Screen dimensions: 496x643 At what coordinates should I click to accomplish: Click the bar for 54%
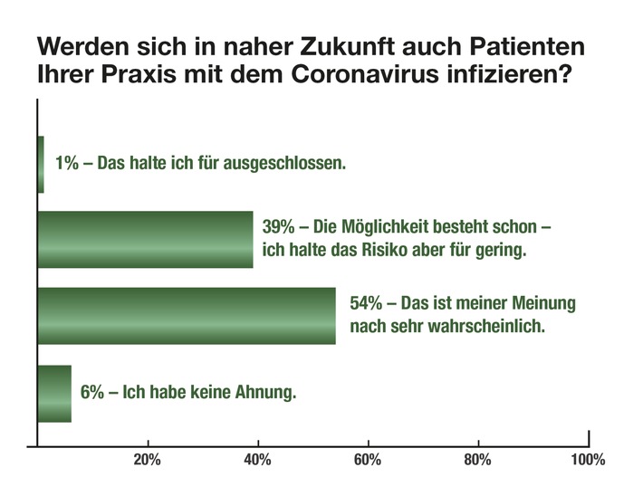tap(186, 316)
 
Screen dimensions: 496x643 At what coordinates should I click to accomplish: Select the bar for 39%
tap(145, 240)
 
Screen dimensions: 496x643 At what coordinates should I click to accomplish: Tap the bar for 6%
tap(53, 393)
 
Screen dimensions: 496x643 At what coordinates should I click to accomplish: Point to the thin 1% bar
tap(41, 164)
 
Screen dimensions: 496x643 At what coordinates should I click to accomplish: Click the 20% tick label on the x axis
tap(147, 461)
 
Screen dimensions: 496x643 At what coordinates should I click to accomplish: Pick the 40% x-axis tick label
tap(257, 461)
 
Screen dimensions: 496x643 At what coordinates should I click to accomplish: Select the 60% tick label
tap(368, 461)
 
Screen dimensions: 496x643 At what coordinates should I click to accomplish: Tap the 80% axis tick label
tap(478, 461)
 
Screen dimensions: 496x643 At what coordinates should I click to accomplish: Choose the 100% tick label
tap(588, 461)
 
